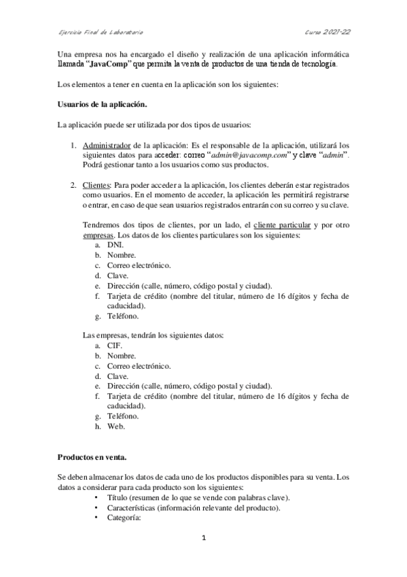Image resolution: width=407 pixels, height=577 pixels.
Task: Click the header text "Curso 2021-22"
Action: coord(328,31)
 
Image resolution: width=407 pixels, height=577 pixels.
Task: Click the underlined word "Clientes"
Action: coord(98,184)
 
